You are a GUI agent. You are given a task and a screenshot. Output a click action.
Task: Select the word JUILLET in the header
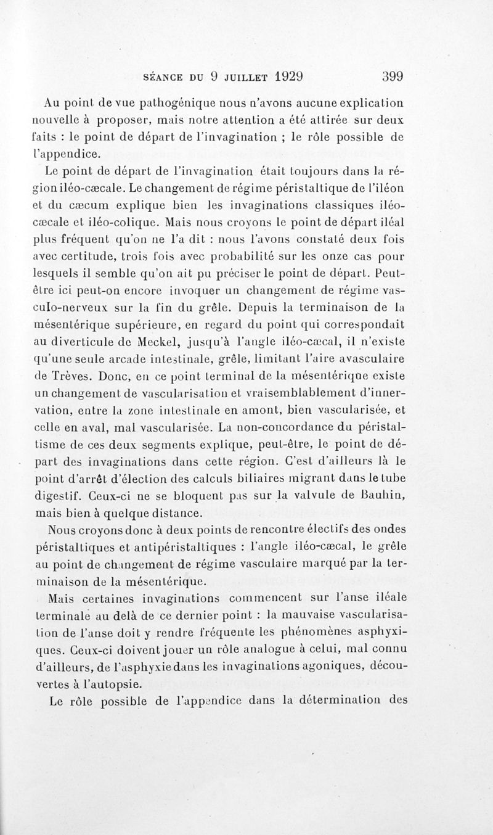(241, 78)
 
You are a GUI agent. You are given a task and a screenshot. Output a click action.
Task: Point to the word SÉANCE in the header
(162, 78)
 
